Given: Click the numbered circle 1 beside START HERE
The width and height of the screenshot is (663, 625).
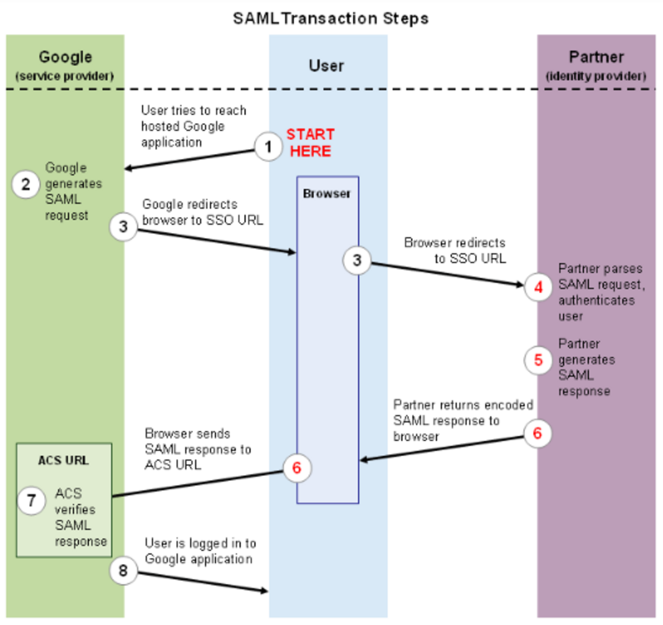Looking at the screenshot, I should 268,147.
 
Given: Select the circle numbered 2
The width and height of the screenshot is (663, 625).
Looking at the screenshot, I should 25,184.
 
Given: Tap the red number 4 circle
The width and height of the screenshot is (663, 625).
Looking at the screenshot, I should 538,287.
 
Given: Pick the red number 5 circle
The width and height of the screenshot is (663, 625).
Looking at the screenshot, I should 538,360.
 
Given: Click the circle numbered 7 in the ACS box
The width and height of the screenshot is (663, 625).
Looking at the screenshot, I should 31,501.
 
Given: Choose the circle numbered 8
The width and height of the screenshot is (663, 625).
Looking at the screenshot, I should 123,570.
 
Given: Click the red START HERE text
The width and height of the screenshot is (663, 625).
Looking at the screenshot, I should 310,143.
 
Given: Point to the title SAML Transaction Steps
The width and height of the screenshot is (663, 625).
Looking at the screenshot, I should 330,18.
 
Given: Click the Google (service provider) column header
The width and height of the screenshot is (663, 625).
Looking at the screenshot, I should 65,65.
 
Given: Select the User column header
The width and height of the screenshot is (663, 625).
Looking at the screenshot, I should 326,66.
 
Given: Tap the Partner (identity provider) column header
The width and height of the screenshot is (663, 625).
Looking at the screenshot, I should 596,65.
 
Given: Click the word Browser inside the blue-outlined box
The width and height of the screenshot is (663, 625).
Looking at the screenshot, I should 327,194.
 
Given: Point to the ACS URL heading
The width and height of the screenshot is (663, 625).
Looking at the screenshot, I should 64,460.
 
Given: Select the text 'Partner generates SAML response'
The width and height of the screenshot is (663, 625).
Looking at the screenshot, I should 585,367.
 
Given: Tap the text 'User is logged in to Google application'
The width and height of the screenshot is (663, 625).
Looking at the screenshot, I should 199,551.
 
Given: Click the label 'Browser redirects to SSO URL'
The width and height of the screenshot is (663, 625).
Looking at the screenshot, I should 455,251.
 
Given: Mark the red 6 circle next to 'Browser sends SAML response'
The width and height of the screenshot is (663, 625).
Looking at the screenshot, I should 296,467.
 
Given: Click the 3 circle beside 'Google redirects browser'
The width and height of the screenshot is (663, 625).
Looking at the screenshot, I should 123,227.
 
